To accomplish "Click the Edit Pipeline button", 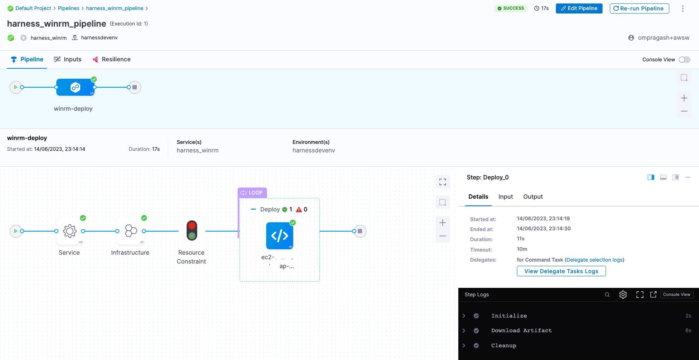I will [579, 8].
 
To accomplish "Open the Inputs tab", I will [68, 59].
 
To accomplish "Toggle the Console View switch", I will [684, 59].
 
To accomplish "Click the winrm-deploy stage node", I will [75, 87].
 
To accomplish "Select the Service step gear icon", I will [70, 231].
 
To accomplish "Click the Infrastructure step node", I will [131, 231].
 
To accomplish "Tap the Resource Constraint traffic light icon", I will [192, 231].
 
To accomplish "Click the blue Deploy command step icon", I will [280, 235].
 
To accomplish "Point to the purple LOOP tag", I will [252, 193].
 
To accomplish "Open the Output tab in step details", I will [533, 197].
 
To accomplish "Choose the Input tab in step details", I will [505, 197].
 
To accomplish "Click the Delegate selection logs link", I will [594, 260].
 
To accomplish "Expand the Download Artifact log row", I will [464, 331].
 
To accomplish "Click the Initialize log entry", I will [509, 316].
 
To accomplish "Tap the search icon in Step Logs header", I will [607, 295].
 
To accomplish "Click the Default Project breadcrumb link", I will [33, 8].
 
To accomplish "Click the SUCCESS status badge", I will [511, 8].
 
